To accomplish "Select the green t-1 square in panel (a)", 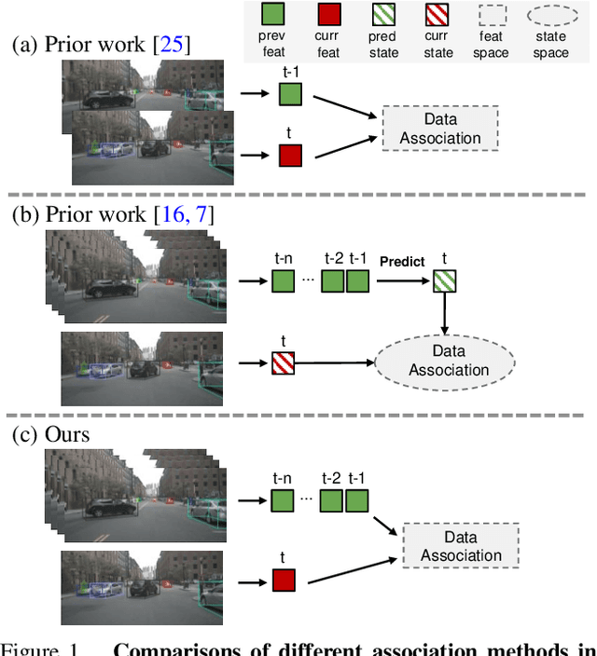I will point(290,93).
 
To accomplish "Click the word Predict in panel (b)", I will point(402,262).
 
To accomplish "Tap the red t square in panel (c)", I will point(284,581).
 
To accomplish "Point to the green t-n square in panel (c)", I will point(283,501).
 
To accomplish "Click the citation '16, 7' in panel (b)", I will point(185,216).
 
